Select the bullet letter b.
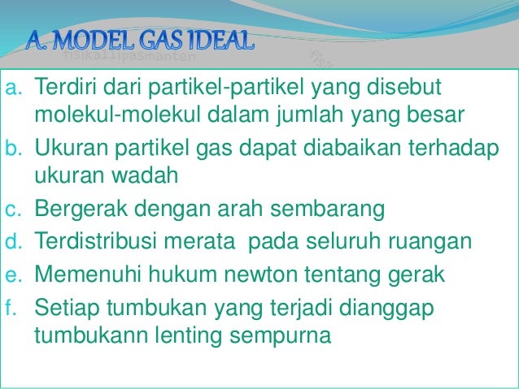click(x=12, y=149)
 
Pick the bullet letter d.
click(x=12, y=243)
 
